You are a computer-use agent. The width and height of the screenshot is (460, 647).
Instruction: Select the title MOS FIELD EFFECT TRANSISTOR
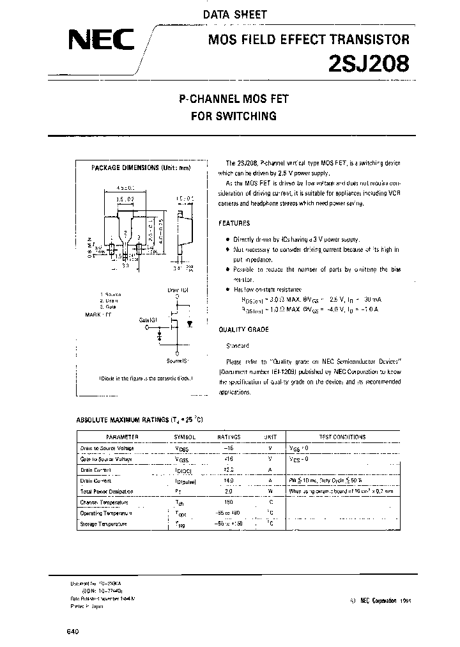[309, 40]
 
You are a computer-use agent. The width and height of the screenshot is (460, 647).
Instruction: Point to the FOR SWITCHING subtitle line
[234, 116]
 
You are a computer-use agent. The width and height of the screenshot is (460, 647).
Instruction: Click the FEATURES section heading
[234, 224]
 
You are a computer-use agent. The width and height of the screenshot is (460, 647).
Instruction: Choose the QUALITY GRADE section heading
[243, 330]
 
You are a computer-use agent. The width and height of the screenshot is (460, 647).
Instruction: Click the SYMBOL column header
[184, 437]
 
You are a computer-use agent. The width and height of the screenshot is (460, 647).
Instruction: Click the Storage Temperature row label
[103, 524]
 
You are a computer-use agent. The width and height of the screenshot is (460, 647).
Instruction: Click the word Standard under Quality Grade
[237, 345]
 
